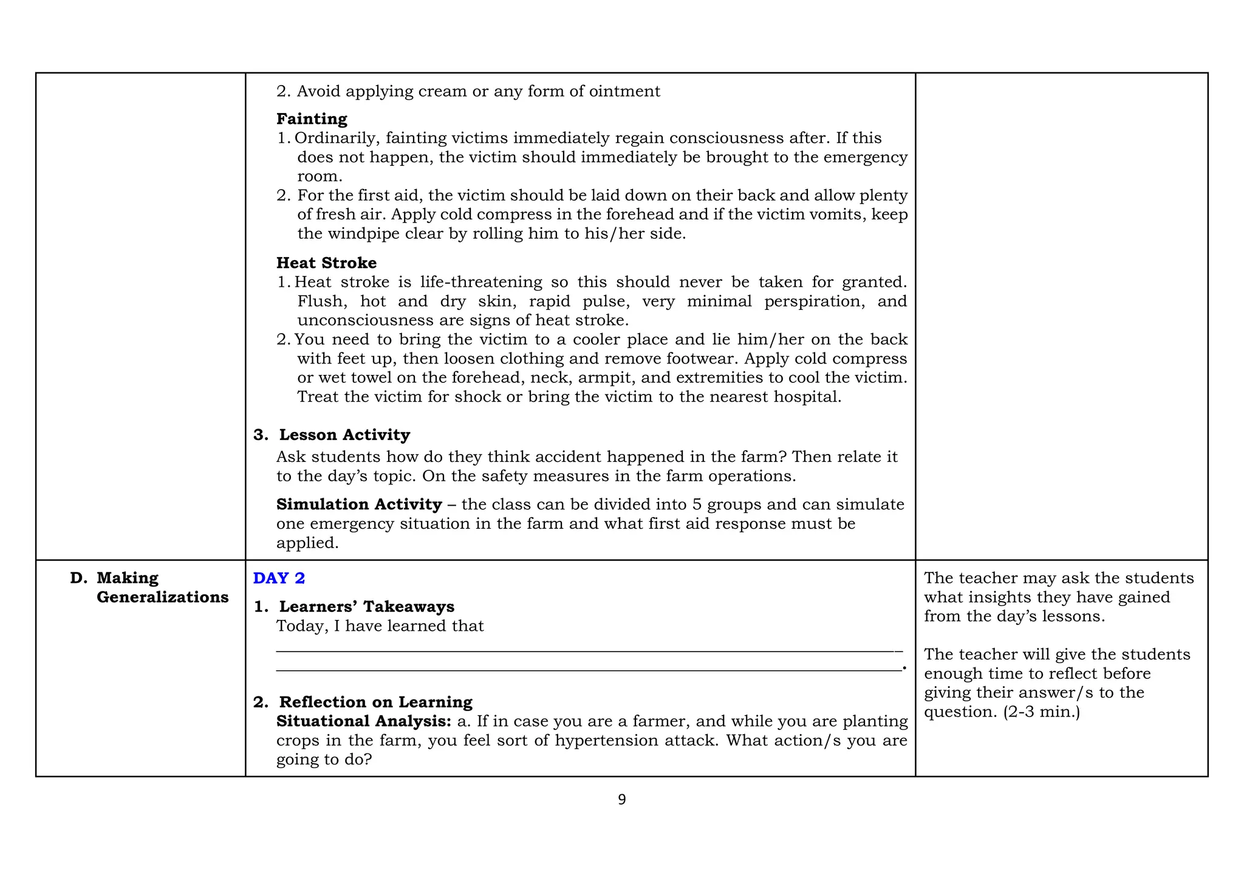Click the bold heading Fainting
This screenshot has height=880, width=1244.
(312, 119)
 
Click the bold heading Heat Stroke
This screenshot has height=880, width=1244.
(326, 263)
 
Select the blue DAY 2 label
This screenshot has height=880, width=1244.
(279, 578)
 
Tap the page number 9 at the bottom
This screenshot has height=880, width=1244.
(621, 800)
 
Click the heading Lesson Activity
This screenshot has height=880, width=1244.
(344, 435)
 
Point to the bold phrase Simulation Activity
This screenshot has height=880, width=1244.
(359, 504)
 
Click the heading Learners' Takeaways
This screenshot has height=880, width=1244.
(366, 607)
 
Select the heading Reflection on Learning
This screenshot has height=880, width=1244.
(375, 702)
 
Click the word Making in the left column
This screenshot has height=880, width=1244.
(128, 578)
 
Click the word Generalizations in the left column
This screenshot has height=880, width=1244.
(163, 597)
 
